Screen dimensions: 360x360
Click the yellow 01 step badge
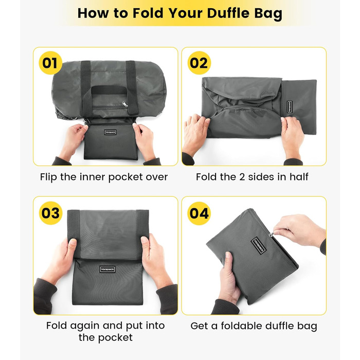coord(50,63)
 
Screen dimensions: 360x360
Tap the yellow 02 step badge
coord(199,63)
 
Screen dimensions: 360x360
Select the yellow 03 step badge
coord(50,213)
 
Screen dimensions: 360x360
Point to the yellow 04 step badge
coord(199,213)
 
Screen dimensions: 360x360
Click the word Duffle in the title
coord(229,13)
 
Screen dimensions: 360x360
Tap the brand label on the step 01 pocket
coord(110,132)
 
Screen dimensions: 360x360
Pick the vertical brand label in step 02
coord(290,107)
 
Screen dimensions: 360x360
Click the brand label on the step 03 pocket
coord(107,269)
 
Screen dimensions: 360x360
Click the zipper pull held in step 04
coord(272,234)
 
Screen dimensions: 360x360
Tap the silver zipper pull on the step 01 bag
coord(125,104)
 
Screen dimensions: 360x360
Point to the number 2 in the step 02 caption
coord(242,177)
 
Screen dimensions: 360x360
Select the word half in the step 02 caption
coord(299,177)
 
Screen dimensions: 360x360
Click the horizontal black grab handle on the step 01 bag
coord(109,90)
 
